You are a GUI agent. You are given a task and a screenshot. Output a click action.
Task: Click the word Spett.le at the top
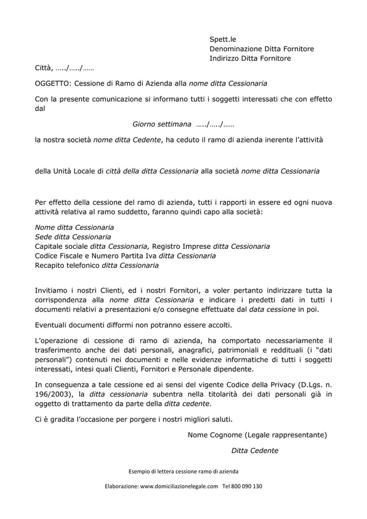tap(223, 40)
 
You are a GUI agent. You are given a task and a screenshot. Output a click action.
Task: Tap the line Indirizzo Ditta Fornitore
tap(250, 59)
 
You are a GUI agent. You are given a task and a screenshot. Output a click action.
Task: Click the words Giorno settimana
tap(162, 124)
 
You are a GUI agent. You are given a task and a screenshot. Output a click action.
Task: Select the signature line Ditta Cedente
tap(254, 451)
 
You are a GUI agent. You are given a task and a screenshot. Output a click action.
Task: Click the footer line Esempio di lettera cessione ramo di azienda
tap(183, 472)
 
